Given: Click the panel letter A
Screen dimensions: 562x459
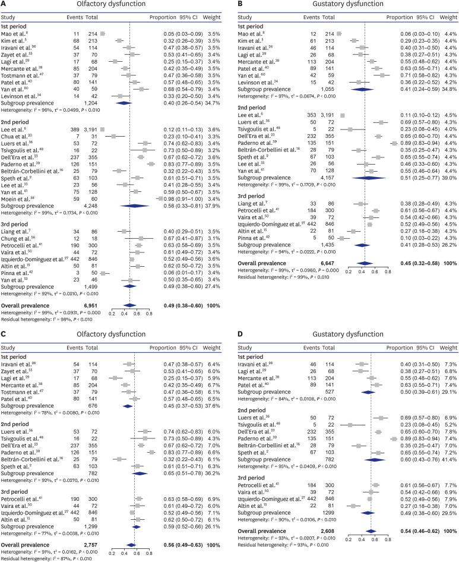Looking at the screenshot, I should (x=4, y=4).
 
